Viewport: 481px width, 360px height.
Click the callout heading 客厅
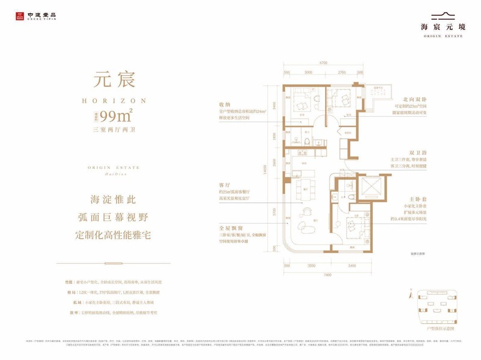[227, 186]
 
